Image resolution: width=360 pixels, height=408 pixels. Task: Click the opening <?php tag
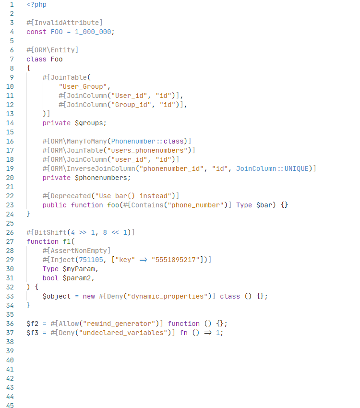(36, 4)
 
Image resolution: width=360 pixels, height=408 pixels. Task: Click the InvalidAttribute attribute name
(66, 23)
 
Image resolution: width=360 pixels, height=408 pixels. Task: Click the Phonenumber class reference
(133, 141)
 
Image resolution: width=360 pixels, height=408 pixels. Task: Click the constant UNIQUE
(298, 168)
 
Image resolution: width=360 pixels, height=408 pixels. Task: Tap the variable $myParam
(80, 269)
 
